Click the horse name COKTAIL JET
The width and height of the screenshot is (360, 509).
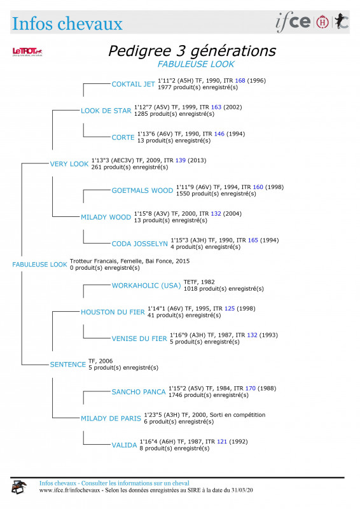pyautogui.click(x=133, y=84)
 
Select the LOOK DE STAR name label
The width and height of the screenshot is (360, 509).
pyautogui.click(x=106, y=111)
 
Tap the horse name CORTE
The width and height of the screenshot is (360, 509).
pyautogui.click(x=123, y=137)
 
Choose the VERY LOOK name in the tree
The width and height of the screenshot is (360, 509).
pyautogui.click(x=69, y=164)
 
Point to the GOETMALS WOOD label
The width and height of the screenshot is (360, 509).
pyautogui.click(x=142, y=190)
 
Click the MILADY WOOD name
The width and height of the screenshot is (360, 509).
pyautogui.click(x=106, y=217)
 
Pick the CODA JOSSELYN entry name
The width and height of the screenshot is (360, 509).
pyautogui.click(x=139, y=244)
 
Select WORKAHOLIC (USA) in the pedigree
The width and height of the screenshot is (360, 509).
pyautogui.click(x=146, y=286)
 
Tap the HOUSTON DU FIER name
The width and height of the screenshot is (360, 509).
pyautogui.click(x=113, y=312)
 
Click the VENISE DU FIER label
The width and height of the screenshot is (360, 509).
pyautogui.click(x=139, y=338)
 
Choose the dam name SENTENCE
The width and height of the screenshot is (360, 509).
pyautogui.click(x=68, y=365)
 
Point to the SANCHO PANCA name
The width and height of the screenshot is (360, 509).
pyautogui.click(x=139, y=392)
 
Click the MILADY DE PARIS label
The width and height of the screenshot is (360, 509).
pyautogui.click(x=111, y=419)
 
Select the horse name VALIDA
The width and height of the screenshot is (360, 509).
pyautogui.click(x=124, y=445)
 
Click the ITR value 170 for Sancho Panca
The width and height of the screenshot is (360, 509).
pyautogui.click(x=250, y=388)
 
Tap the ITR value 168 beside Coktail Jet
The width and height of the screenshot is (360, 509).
pyautogui.click(x=240, y=81)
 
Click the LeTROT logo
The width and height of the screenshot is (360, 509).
pyautogui.click(x=27, y=52)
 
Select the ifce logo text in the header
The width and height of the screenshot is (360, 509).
pyautogui.click(x=293, y=22)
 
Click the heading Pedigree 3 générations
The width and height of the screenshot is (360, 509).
pyautogui.click(x=192, y=51)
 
